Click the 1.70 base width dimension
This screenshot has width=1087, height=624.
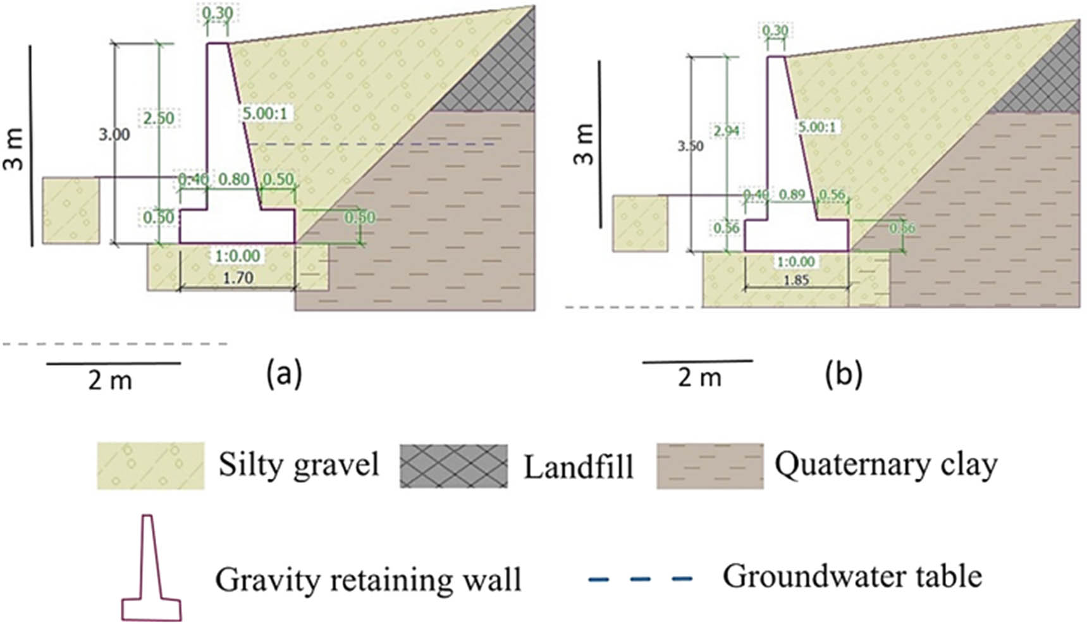coord(238,278)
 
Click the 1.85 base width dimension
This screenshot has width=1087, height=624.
coord(796,280)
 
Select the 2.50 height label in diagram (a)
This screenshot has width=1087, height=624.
coord(157,118)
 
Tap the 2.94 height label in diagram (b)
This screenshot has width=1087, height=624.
coord(727,132)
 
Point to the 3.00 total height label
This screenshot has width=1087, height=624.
coord(114,135)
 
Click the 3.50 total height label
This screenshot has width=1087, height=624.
coord(690,147)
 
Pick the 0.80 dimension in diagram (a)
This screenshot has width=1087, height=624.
coord(233,180)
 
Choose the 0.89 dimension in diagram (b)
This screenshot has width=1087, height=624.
coord(792,195)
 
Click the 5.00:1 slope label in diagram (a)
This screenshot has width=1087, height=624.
coord(264,114)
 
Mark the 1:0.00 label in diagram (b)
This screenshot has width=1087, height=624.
coord(795,262)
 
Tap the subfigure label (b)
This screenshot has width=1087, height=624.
coord(844,374)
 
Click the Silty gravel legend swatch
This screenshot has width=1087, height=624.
coord(150,466)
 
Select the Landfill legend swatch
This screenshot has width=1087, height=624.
coord(453,466)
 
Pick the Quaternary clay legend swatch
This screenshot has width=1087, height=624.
coord(709,466)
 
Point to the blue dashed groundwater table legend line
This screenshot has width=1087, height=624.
coord(640,578)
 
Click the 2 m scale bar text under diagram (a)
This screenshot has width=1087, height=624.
coord(110,381)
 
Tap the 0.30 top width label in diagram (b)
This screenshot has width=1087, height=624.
coord(775,31)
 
